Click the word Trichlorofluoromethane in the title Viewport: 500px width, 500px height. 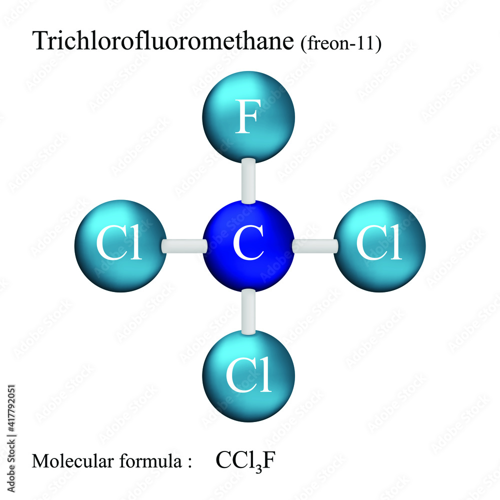[x=162, y=41]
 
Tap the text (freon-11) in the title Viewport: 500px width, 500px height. [x=341, y=43]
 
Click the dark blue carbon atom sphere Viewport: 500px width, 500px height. [x=248, y=245]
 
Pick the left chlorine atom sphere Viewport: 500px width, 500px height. [x=120, y=245]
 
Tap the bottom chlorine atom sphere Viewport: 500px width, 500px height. [x=248, y=375]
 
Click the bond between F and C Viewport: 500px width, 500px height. [x=248, y=180]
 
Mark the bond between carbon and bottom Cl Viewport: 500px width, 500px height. [x=248, y=311]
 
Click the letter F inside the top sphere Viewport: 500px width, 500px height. [x=248, y=118]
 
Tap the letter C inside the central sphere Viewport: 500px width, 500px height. [x=248, y=245]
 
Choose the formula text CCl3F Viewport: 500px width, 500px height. [x=245, y=460]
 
